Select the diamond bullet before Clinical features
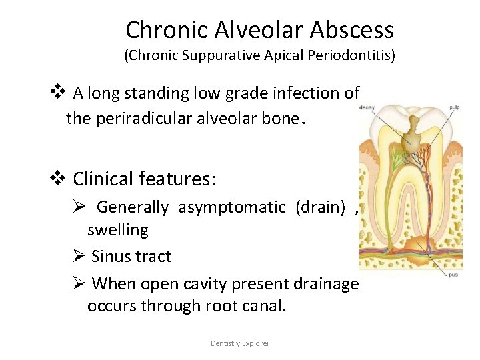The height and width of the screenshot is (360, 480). [x=58, y=179]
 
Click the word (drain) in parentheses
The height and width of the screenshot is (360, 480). [x=321, y=207]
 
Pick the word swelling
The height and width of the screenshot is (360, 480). [x=118, y=230]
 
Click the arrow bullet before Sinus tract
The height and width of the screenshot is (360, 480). [x=79, y=257]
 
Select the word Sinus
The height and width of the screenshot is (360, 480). [x=109, y=257]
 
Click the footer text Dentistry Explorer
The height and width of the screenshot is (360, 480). [x=240, y=343]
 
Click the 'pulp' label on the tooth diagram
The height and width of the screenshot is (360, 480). [x=454, y=106]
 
